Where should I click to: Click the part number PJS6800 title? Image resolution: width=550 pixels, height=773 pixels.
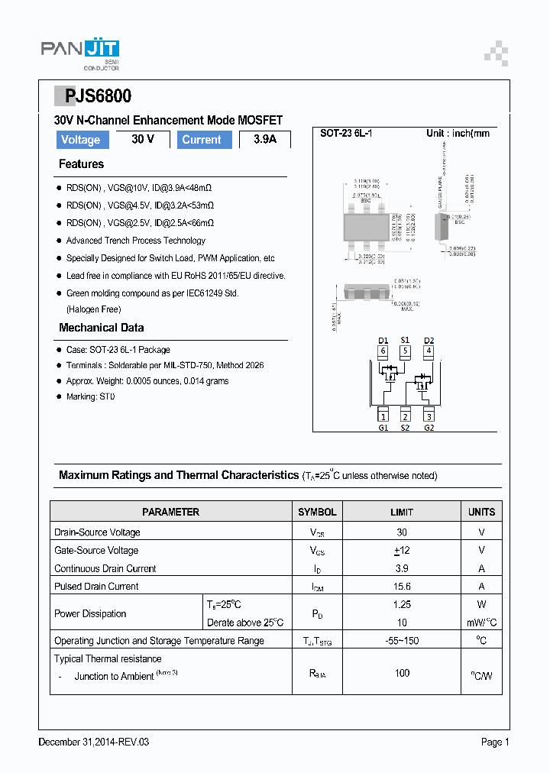click(92, 96)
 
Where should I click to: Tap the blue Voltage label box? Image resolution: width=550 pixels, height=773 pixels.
click(80, 140)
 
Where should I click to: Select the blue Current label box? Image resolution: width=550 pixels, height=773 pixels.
click(202, 140)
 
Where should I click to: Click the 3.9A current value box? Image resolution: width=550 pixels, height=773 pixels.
click(265, 140)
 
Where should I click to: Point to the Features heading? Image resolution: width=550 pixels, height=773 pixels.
click(81, 164)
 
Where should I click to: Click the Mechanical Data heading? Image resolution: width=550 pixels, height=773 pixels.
click(101, 328)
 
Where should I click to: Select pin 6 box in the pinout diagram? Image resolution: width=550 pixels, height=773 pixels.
click(383, 351)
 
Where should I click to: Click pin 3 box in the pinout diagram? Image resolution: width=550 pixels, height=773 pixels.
click(429, 416)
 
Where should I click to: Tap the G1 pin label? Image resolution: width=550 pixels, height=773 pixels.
click(383, 427)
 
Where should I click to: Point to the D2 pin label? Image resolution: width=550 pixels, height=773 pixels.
click(429, 340)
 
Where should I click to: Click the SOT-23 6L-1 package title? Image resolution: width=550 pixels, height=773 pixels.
click(345, 133)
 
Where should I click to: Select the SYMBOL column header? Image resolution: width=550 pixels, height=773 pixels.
click(317, 512)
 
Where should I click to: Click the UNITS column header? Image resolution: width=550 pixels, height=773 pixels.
click(481, 512)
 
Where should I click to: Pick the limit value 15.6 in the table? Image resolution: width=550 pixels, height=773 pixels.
click(402, 587)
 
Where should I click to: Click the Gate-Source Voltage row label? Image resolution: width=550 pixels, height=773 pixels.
click(96, 550)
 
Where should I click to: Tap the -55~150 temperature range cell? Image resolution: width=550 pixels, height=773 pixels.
click(402, 641)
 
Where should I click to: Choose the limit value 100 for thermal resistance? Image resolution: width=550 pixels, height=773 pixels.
click(402, 673)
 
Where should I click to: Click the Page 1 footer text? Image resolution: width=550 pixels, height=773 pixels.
click(494, 742)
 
